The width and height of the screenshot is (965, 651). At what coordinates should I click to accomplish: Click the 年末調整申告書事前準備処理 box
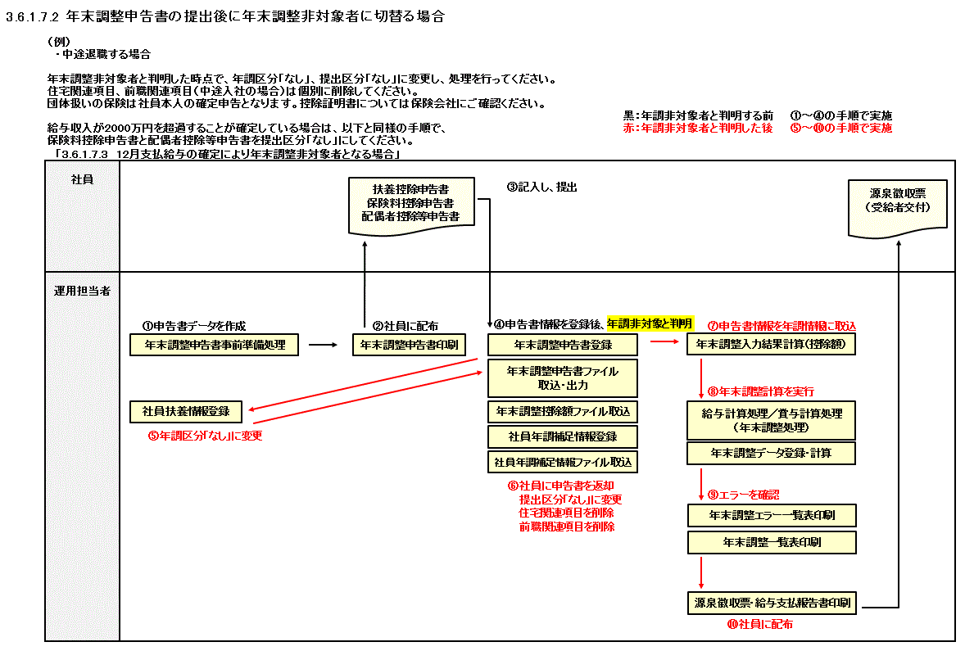pos(215,345)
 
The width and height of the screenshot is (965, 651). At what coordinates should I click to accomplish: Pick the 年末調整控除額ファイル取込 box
pos(563,411)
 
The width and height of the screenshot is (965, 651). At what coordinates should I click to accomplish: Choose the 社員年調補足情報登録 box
pos(563,436)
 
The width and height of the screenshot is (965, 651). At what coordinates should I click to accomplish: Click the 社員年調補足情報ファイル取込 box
pos(563,462)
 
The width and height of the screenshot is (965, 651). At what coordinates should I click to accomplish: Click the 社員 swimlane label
pos(82,179)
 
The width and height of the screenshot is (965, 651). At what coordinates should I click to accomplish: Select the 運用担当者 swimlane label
pos(82,291)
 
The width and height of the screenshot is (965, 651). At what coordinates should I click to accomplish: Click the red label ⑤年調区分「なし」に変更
pos(205,436)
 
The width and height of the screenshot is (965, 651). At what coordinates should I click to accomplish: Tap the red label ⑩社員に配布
pos(759,624)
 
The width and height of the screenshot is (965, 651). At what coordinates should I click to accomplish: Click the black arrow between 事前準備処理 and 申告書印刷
pos(323,345)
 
